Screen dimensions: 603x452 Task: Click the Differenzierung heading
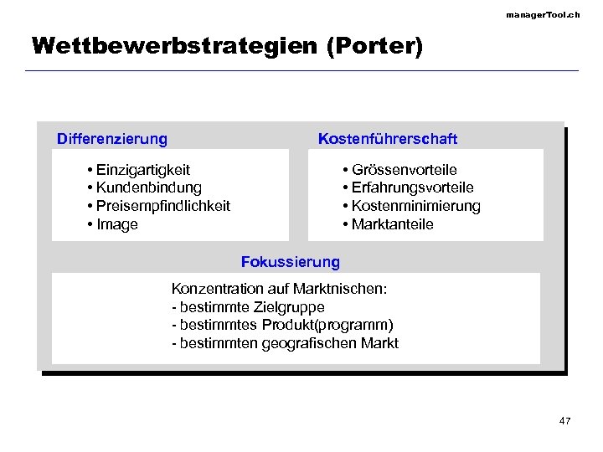[111, 138]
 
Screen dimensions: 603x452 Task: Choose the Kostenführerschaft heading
[388, 138]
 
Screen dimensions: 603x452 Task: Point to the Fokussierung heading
[291, 262]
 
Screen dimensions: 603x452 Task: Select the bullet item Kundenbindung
[148, 187]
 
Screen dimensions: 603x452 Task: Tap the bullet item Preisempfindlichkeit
[162, 206]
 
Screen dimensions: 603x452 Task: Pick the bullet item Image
[117, 224]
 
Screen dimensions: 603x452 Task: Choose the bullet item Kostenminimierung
[415, 206]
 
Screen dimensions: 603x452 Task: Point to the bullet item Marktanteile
[392, 224]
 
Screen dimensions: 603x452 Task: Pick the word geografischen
[316, 343]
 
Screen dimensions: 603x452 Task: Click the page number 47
[564, 420]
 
